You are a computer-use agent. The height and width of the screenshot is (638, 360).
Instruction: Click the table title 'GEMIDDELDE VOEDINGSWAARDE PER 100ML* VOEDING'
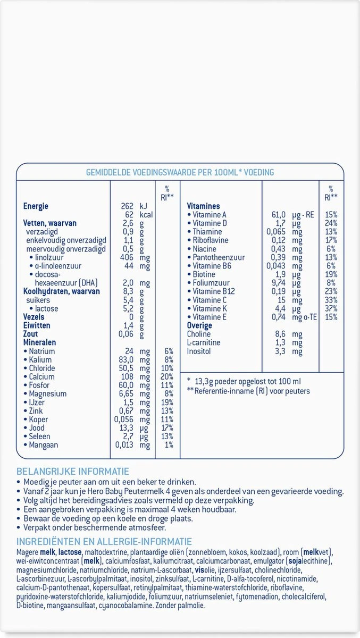pyautogui.click(x=180, y=172)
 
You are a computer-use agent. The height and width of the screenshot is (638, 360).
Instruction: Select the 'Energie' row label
pyautogui.click(x=36, y=206)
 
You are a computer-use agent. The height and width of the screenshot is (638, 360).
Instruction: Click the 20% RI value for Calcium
pyautogui.click(x=168, y=377)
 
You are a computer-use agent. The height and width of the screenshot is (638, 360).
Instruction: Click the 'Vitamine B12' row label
pyautogui.click(x=213, y=291)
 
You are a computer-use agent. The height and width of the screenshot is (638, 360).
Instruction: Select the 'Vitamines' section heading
pyautogui.click(x=203, y=206)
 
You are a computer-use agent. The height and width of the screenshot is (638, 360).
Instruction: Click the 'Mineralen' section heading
pyautogui.click(x=39, y=343)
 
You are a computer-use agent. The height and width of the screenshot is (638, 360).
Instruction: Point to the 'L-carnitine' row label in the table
pyautogui.click(x=204, y=343)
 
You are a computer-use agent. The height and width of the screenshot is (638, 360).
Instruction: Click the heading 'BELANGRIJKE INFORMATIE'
pyautogui.click(x=73, y=472)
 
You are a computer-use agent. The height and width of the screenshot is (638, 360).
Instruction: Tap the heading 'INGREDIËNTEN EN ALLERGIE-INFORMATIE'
pyautogui.click(x=104, y=541)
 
